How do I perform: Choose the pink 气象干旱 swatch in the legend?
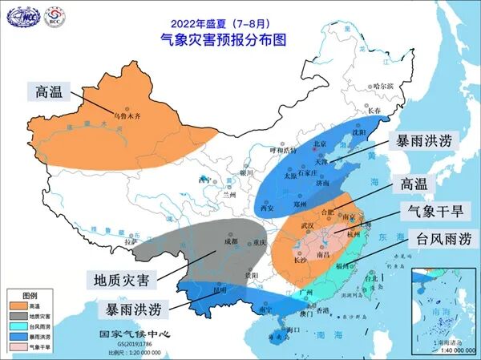[17, 347]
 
